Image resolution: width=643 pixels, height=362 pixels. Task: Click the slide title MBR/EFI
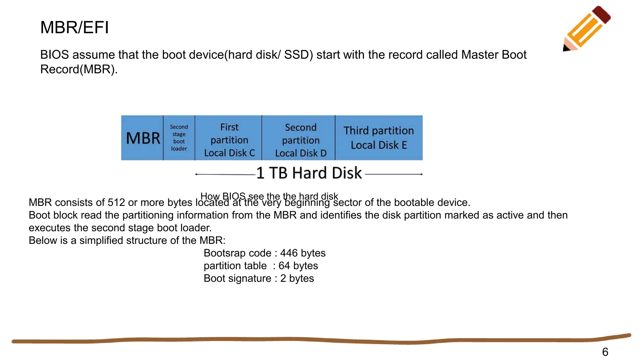point(74,27)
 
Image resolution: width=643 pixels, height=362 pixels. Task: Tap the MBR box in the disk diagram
point(143,138)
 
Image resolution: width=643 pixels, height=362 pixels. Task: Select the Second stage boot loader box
point(179,138)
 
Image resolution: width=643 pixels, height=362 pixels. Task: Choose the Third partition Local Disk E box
point(379,138)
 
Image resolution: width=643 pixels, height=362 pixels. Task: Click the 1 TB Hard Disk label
point(309,173)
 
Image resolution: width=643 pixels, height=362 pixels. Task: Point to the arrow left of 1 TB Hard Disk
point(225,174)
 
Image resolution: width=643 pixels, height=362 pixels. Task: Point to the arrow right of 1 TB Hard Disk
point(394,174)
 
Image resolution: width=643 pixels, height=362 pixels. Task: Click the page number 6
point(605,352)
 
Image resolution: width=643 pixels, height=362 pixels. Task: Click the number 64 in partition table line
point(284,266)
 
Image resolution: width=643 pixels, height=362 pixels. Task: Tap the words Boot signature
point(237,278)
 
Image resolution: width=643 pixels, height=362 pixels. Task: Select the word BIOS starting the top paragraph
point(54,55)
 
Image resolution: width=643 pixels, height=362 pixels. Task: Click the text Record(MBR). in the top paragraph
point(79,69)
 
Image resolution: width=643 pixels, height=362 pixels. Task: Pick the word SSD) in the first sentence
point(299,55)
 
